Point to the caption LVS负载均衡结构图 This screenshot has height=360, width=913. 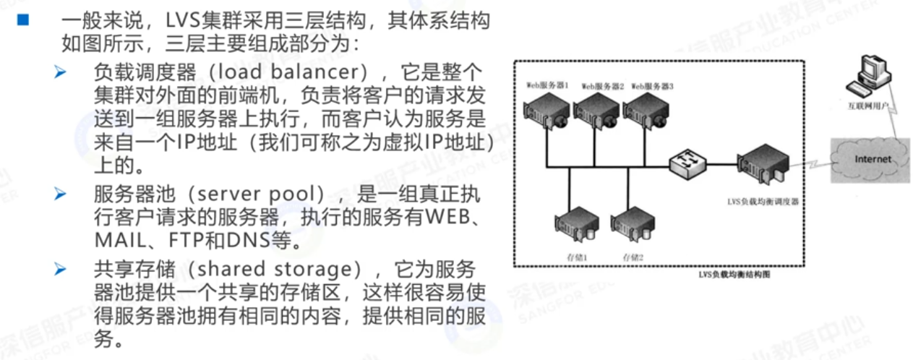coord(732,275)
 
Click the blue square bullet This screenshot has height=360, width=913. coord(23,20)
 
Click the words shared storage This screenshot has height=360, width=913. coord(279,270)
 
